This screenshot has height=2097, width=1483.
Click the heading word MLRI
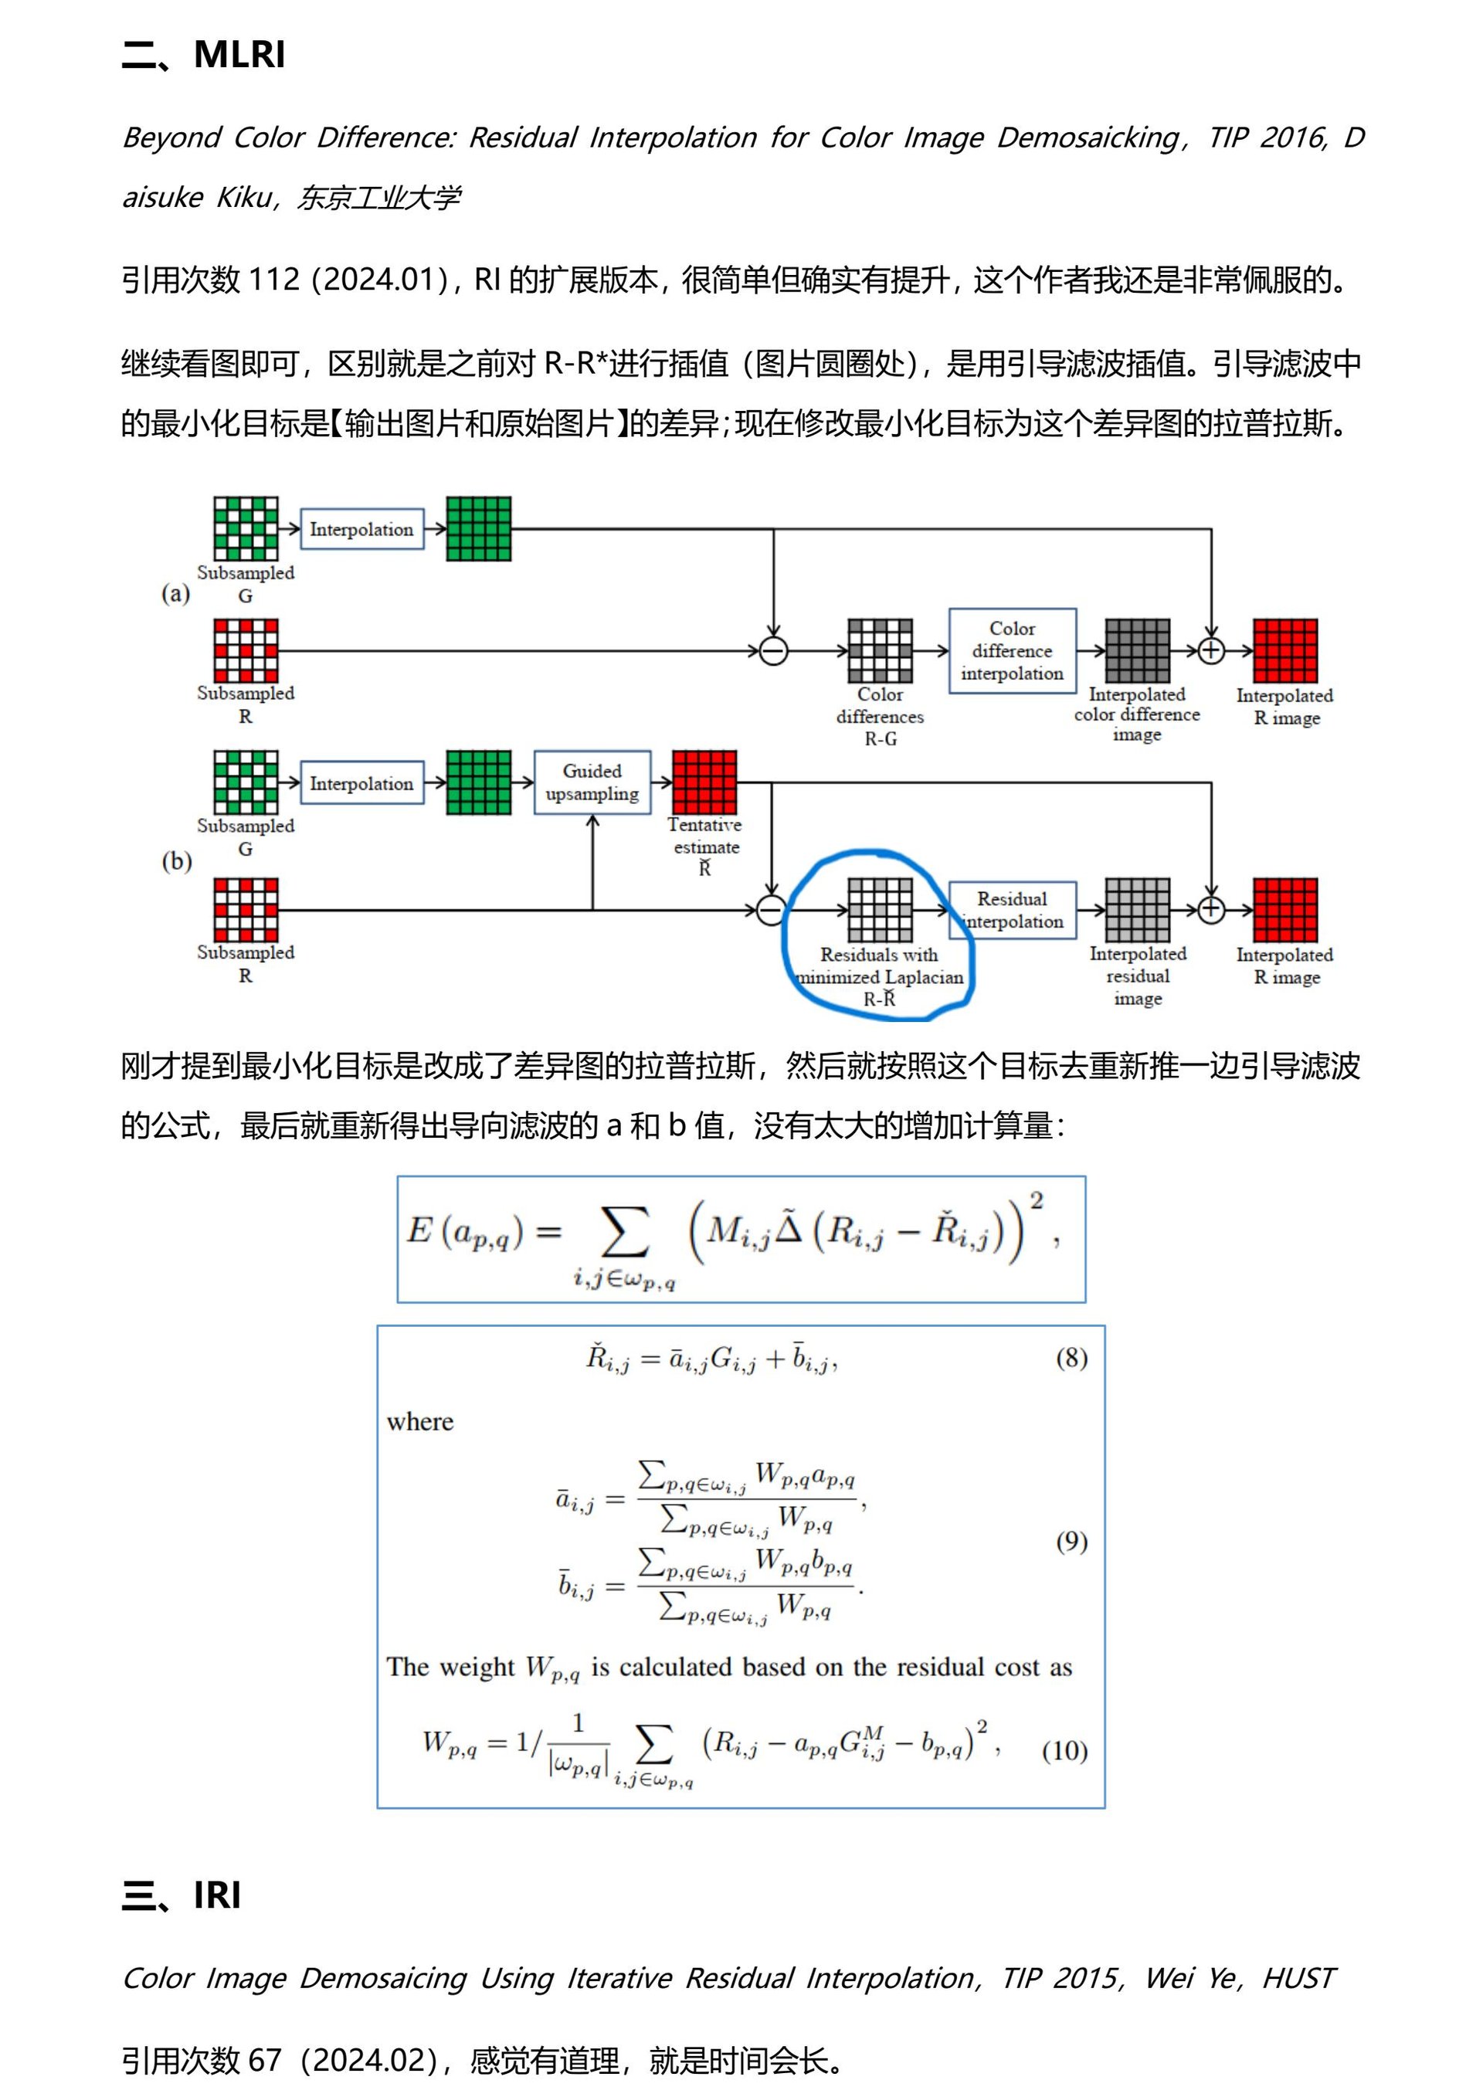239,55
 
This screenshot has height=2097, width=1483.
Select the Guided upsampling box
592,782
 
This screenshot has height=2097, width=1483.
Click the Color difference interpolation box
1012,650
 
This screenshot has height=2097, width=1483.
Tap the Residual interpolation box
1012,910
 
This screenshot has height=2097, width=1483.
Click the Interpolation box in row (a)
361,529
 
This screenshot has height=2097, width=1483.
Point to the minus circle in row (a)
772,651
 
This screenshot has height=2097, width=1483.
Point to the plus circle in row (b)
1211,910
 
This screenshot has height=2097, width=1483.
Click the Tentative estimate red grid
704,782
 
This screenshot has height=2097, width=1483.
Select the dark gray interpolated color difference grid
1137,650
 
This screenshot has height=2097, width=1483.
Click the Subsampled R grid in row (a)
246,650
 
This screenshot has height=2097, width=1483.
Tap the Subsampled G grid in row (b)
246,782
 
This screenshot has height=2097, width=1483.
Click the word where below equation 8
420,1422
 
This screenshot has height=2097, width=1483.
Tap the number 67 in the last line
265,2060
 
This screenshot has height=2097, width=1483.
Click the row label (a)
175,594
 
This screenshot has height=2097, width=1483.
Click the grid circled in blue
881,910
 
